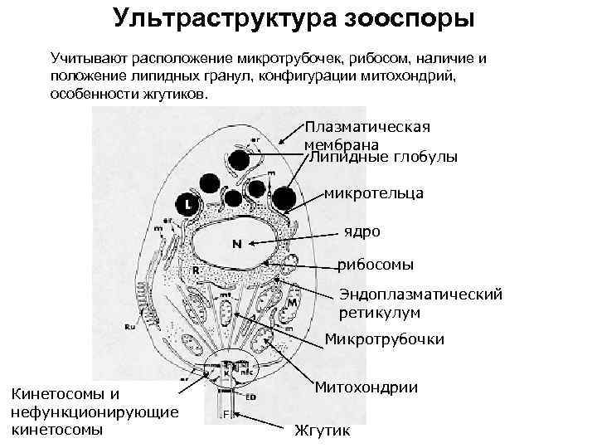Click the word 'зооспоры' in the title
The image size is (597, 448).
click(x=408, y=18)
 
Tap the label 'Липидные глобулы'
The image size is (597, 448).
click(x=383, y=158)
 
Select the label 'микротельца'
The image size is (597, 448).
click(x=374, y=193)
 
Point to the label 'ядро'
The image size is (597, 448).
click(x=363, y=231)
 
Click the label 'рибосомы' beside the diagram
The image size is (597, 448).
click(x=376, y=265)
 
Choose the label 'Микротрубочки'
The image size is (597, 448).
click(x=385, y=339)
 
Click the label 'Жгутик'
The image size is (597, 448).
click(x=323, y=431)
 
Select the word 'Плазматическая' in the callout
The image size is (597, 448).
click(x=367, y=127)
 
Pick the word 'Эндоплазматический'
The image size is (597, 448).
click(x=421, y=295)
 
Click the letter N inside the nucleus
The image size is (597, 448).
click(x=236, y=244)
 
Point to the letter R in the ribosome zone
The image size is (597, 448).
click(x=196, y=270)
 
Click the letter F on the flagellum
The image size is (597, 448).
click(x=226, y=412)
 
